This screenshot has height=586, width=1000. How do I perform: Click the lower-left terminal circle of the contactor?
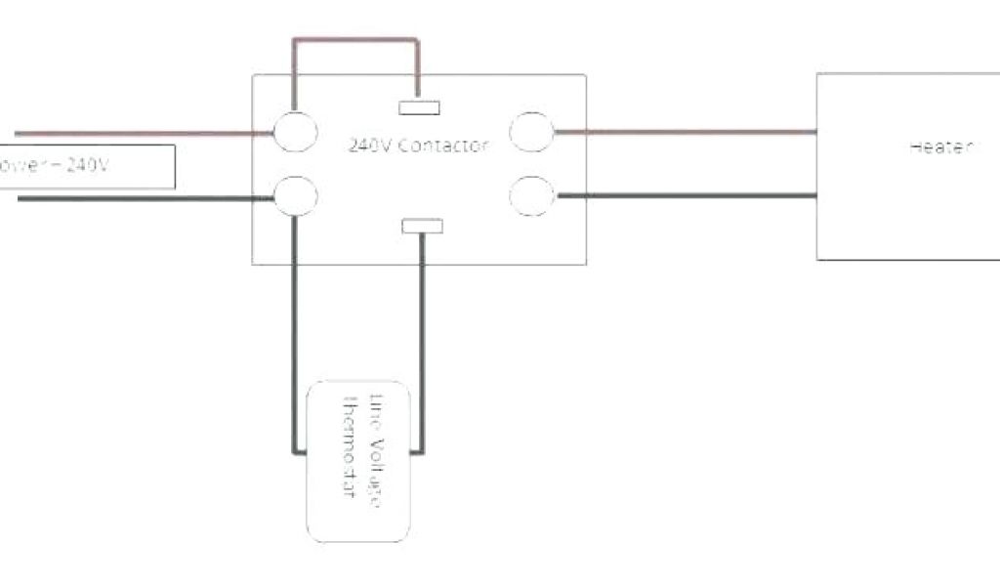295,194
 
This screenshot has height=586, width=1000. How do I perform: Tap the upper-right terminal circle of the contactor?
532,132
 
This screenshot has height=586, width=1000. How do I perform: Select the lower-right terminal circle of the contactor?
532,193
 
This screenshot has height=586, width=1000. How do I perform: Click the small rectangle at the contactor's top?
419,107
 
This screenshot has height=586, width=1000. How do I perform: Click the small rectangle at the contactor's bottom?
422,227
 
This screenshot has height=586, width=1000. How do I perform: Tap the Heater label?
941,147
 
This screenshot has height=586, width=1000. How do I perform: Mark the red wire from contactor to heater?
684,131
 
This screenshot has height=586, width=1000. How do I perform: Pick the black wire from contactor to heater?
684,195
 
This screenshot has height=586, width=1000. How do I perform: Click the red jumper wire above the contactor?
355,41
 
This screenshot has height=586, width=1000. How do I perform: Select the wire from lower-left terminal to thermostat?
290,332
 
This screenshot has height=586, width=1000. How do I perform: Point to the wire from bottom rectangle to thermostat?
422,342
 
